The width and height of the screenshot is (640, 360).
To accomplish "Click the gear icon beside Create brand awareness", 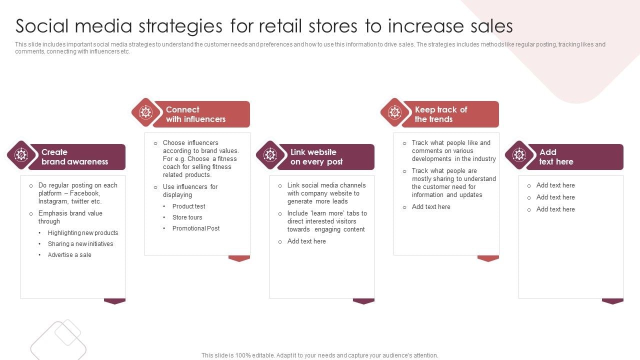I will [x=21, y=155].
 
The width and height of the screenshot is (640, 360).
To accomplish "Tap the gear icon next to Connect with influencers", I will [x=145, y=112].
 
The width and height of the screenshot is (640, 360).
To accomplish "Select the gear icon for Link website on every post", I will [x=270, y=155].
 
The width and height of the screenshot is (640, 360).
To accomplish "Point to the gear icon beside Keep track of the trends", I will [x=394, y=112].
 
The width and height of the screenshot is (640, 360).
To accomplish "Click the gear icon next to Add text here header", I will [x=519, y=155].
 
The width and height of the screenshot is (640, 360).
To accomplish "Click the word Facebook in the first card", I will [x=85, y=193].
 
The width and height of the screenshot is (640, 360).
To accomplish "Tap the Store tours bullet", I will [x=187, y=217].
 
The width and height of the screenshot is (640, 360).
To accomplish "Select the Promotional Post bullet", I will [x=196, y=228].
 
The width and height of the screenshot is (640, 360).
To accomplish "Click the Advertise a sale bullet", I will [x=69, y=255].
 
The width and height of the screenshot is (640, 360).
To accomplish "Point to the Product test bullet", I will [x=188, y=206].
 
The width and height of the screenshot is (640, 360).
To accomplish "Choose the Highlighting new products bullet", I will [x=83, y=233].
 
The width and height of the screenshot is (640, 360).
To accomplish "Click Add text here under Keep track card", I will [x=431, y=207].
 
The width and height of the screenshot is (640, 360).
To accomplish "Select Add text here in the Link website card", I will [x=306, y=241].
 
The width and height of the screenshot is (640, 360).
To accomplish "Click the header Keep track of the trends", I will [x=440, y=114].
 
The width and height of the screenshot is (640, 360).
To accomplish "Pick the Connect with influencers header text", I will [x=195, y=114].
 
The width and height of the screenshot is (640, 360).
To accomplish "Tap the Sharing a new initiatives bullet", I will [x=80, y=244].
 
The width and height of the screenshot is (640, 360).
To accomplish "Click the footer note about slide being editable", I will [x=319, y=355].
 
